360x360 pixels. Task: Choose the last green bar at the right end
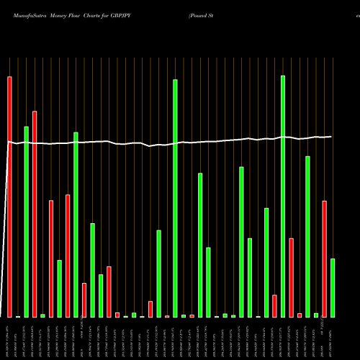click(x=333, y=288)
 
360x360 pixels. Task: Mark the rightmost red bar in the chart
click(x=325, y=259)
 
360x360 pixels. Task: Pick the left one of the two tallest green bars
click(x=175, y=198)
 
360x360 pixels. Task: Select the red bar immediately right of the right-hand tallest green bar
click(x=292, y=277)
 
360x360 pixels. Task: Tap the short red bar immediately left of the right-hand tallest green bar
click(x=275, y=306)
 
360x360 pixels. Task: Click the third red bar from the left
click(x=51, y=258)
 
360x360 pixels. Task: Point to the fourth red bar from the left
click(x=68, y=256)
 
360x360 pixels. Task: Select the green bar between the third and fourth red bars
click(x=60, y=288)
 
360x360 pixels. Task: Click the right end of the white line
click(x=331, y=136)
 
